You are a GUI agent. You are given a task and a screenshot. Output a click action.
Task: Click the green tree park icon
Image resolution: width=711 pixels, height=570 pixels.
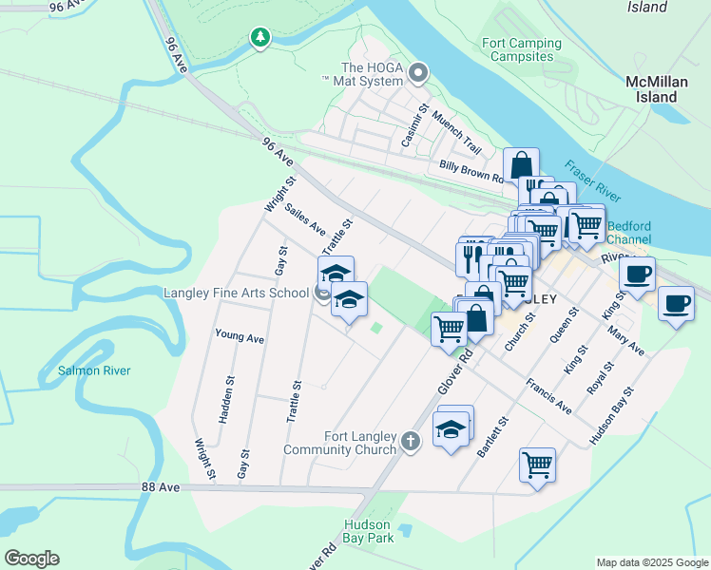[x=259, y=37]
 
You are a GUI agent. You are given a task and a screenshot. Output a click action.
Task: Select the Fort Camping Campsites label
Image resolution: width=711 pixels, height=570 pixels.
[x=521, y=49]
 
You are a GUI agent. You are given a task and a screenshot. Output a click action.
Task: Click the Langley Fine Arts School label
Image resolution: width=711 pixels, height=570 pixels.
[x=235, y=293]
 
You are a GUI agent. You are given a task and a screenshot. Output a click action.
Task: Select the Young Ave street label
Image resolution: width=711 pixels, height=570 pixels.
[x=240, y=336]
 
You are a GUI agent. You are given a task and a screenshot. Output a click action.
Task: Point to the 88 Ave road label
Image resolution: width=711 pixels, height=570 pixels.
[x=161, y=486]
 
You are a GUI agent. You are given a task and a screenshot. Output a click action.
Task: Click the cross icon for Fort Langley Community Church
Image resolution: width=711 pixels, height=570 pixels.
[x=410, y=441]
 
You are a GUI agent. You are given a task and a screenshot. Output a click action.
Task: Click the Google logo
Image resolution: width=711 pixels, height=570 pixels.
[x=32, y=559]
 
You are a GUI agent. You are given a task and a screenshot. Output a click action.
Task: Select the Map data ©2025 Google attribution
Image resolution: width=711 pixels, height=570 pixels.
[x=651, y=562]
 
